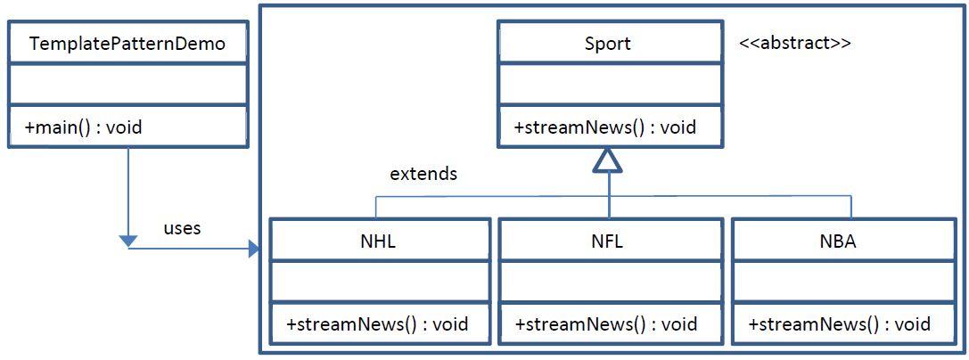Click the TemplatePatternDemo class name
point(127,44)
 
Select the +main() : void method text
point(84,127)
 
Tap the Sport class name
point(608,44)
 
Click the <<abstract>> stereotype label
point(794,44)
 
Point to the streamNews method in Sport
point(605,127)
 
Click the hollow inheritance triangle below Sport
point(608,160)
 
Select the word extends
point(423,174)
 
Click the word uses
point(182,228)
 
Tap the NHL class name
point(379,241)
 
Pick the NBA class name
point(838,241)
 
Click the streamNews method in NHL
point(377,324)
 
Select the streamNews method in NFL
point(606,324)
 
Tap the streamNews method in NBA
point(840,324)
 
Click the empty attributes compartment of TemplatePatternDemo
point(127,84)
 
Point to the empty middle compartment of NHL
point(380,282)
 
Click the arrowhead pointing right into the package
point(253,249)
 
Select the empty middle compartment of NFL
point(610,282)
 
